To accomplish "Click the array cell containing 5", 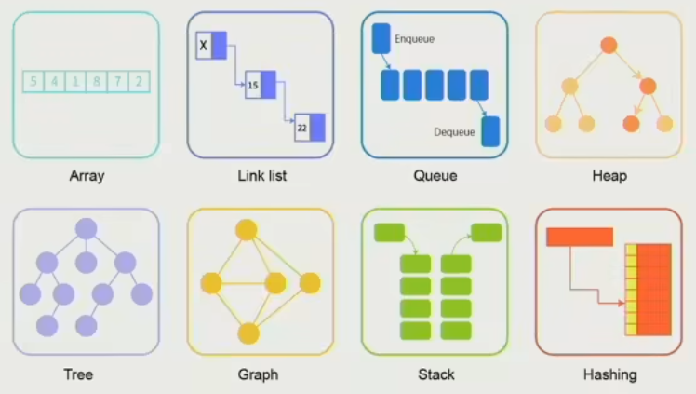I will tap(33, 82).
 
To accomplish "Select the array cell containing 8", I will tap(96, 82).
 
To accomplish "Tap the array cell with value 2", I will tap(138, 82).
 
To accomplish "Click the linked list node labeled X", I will tap(211, 45).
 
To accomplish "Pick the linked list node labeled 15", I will tap(261, 85).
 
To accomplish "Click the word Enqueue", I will tap(414, 39).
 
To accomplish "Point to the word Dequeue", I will tap(454, 132).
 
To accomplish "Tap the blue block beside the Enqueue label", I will tap(381, 39).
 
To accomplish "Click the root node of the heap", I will tap(609, 44).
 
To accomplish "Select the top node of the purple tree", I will tap(87, 228).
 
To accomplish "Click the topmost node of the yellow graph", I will tap(247, 229).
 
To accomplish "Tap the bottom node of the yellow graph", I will tap(247, 332).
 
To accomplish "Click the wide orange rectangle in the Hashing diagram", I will tap(579, 237).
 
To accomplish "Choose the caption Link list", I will tap(261, 175).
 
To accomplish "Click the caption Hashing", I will tap(609, 374).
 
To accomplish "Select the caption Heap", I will tap(609, 175).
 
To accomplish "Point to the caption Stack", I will tap(435, 374).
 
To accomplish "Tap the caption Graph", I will tap(258, 374).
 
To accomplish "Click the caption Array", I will tap(87, 175).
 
